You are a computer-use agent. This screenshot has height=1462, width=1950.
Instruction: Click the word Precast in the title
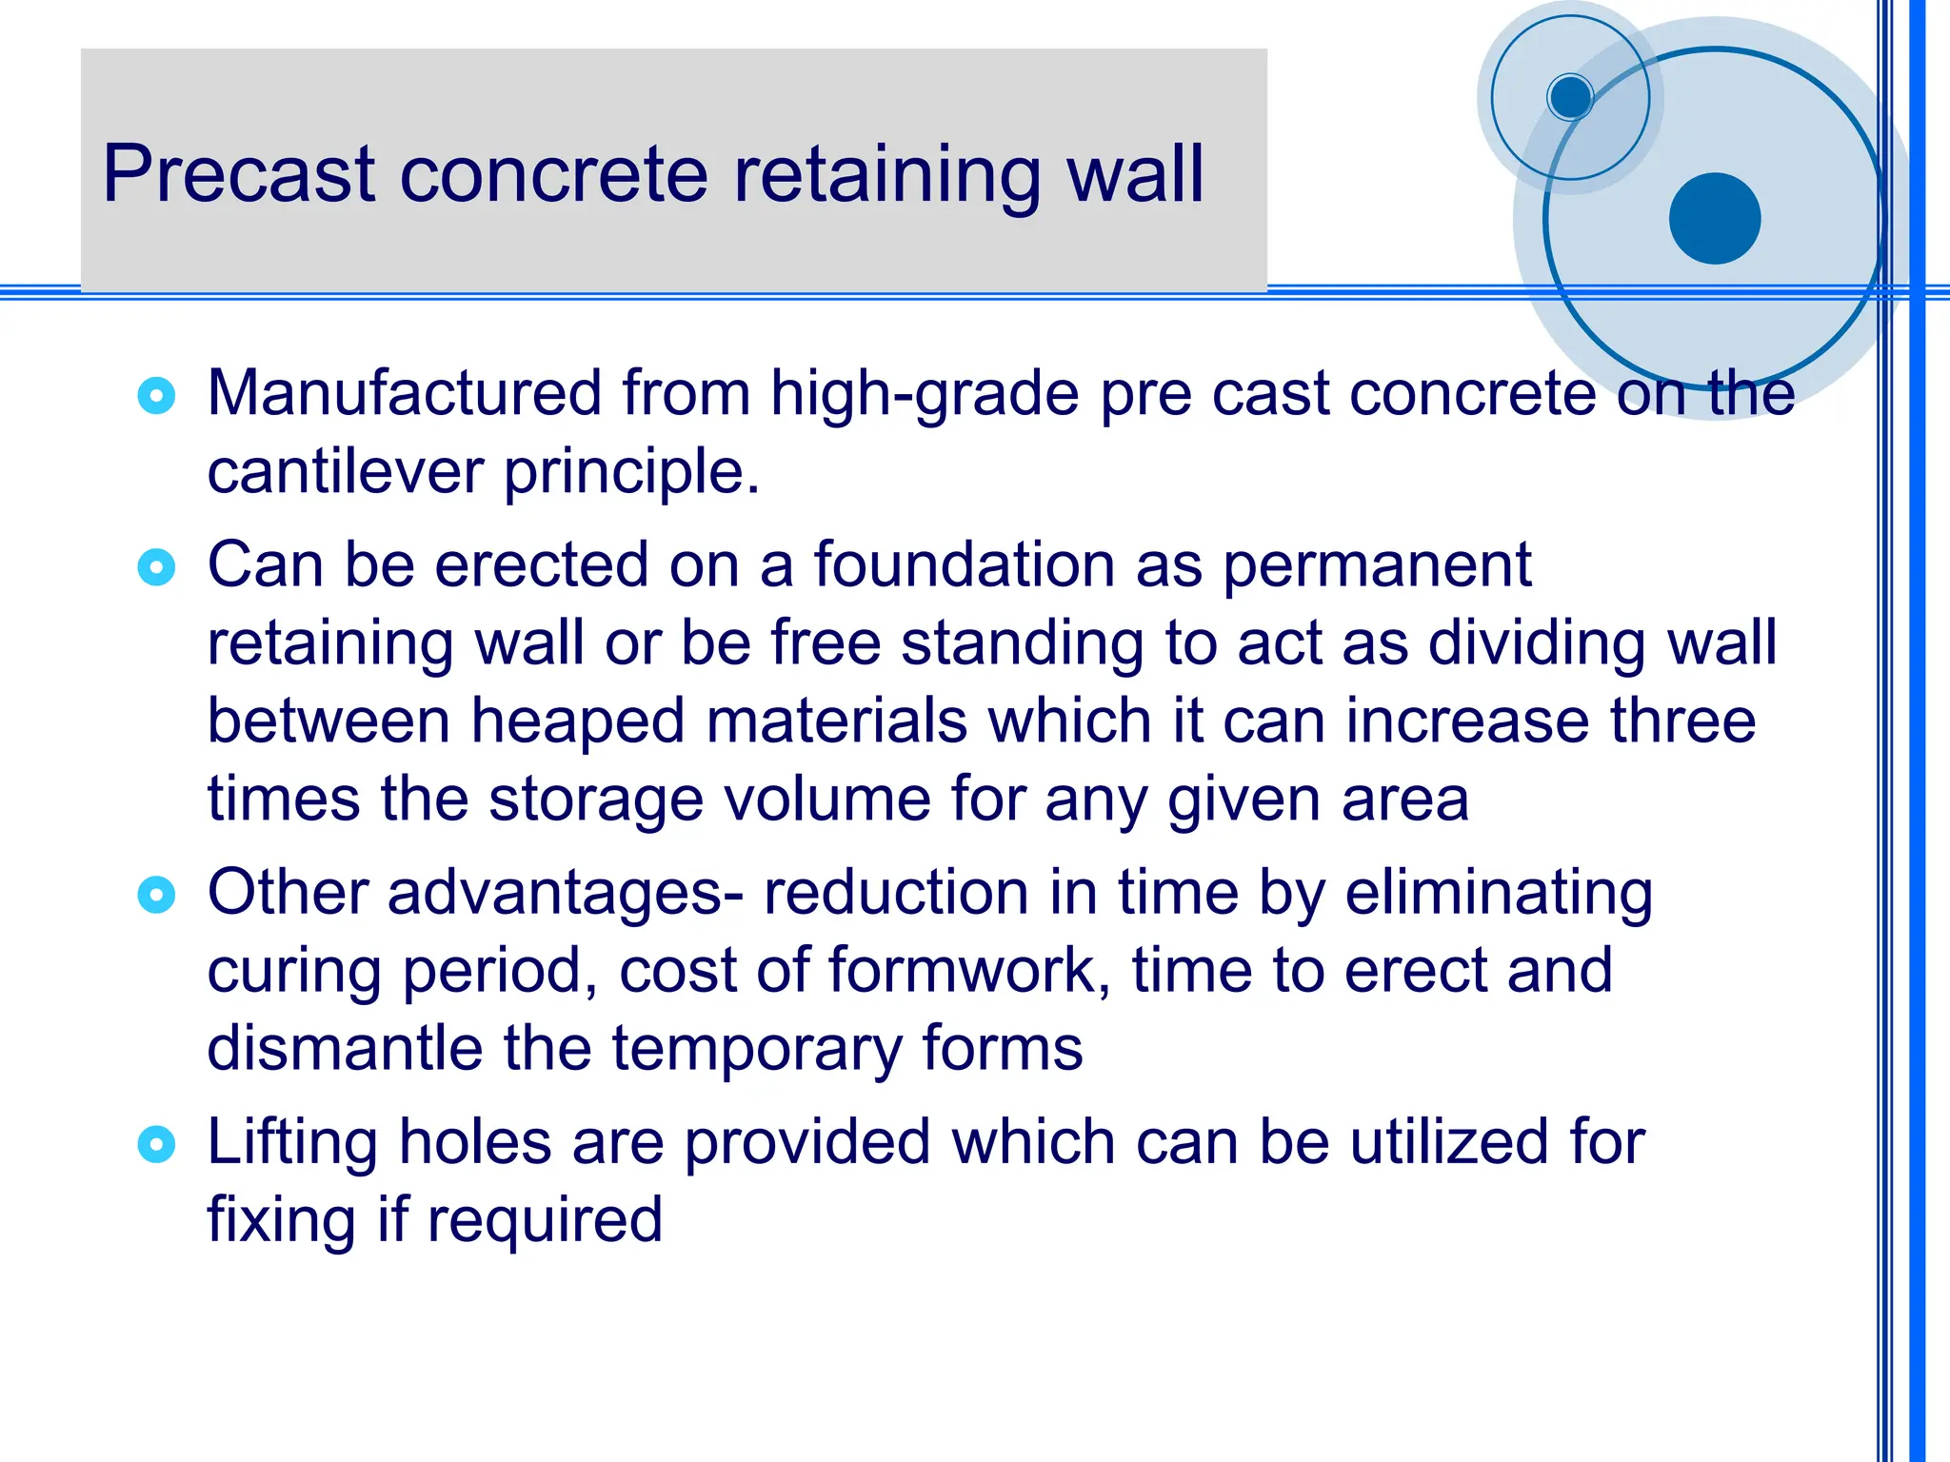(x=239, y=175)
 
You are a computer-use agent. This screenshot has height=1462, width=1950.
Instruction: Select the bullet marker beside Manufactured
(x=156, y=395)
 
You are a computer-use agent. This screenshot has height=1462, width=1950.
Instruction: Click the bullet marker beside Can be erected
(x=156, y=567)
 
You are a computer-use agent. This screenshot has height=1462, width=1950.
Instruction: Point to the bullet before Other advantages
(x=156, y=895)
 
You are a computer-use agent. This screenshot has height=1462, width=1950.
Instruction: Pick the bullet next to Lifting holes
(x=156, y=1144)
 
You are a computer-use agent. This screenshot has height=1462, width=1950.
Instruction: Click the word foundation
(x=964, y=565)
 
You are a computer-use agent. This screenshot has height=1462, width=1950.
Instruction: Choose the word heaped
(x=577, y=721)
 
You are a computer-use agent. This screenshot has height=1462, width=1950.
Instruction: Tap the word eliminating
(x=1499, y=895)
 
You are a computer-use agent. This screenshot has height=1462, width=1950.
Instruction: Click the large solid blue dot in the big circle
(x=1715, y=219)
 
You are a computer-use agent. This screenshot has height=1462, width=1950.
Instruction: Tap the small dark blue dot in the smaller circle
(x=1570, y=97)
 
